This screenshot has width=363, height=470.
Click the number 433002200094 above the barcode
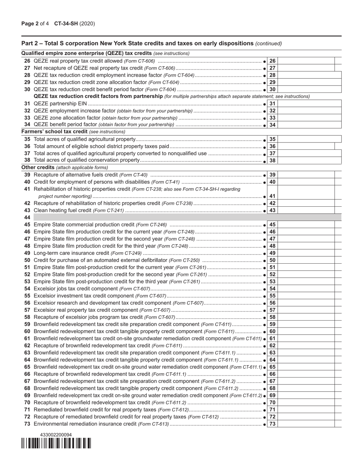(x=56, y=434)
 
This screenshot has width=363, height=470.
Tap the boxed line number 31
(x=272, y=104)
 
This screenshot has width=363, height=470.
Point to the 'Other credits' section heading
(x=38, y=167)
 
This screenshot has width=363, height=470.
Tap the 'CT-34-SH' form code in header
(x=66, y=24)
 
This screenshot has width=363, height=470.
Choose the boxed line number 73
(x=272, y=424)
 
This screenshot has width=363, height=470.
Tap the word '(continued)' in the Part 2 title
(x=269, y=44)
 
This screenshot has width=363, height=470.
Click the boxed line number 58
(x=272, y=317)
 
